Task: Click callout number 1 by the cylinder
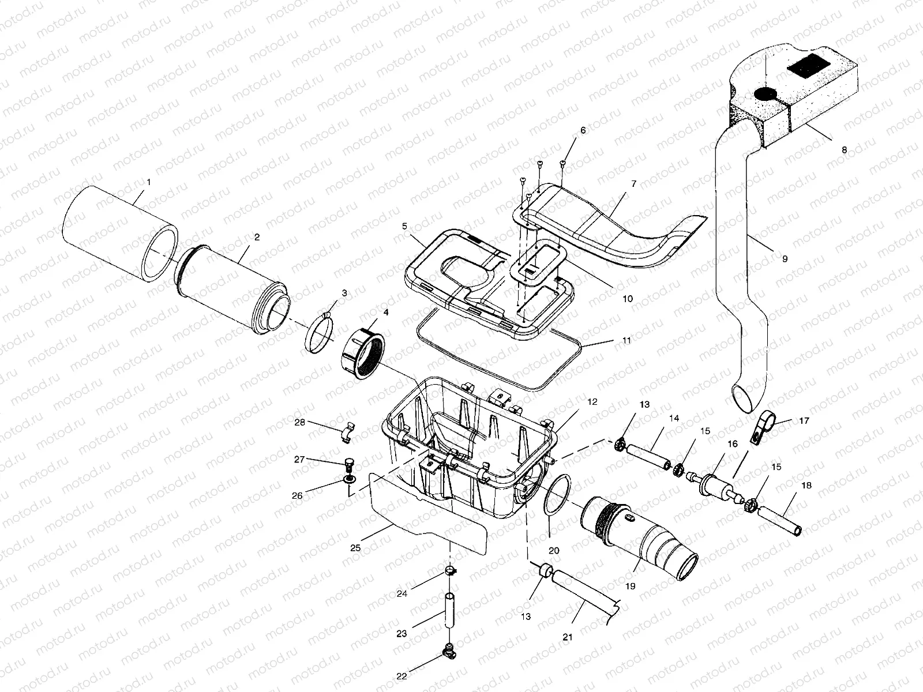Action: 149,182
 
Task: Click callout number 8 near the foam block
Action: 844,149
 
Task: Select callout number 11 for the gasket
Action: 627,340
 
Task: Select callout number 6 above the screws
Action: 583,131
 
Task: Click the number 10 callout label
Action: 627,299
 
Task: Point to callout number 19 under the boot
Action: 629,586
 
